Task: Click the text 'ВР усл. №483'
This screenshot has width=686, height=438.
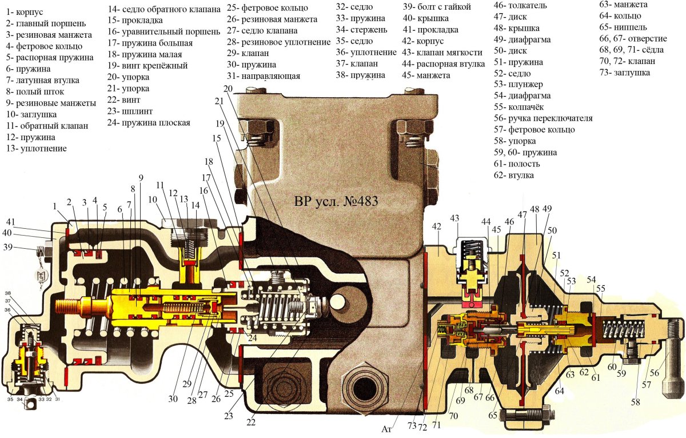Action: click(336, 201)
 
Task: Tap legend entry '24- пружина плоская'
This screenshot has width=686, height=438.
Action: click(148, 122)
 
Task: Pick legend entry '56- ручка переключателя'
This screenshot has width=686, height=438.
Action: click(543, 118)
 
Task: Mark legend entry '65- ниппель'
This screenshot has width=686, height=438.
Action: click(623, 27)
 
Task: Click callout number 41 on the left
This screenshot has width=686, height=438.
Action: click(11, 222)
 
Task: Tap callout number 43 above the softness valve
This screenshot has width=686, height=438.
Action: click(454, 218)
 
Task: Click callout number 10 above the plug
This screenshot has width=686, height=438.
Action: click(152, 199)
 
